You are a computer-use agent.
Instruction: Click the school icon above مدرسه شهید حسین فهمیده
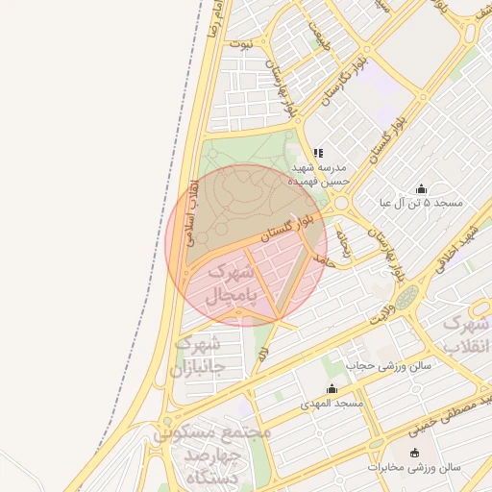pyautogui.click(x=318, y=152)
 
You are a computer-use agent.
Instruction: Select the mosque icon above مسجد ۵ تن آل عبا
pyautogui.click(x=421, y=188)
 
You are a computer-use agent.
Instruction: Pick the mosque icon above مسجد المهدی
pyautogui.click(x=332, y=388)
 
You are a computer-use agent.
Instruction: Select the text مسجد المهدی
pyautogui.click(x=332, y=403)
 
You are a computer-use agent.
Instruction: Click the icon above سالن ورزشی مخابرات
pyautogui.click(x=414, y=453)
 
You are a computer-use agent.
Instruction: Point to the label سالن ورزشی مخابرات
pyautogui.click(x=414, y=468)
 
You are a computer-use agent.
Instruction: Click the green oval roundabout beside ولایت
pyautogui.click(x=407, y=297)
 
